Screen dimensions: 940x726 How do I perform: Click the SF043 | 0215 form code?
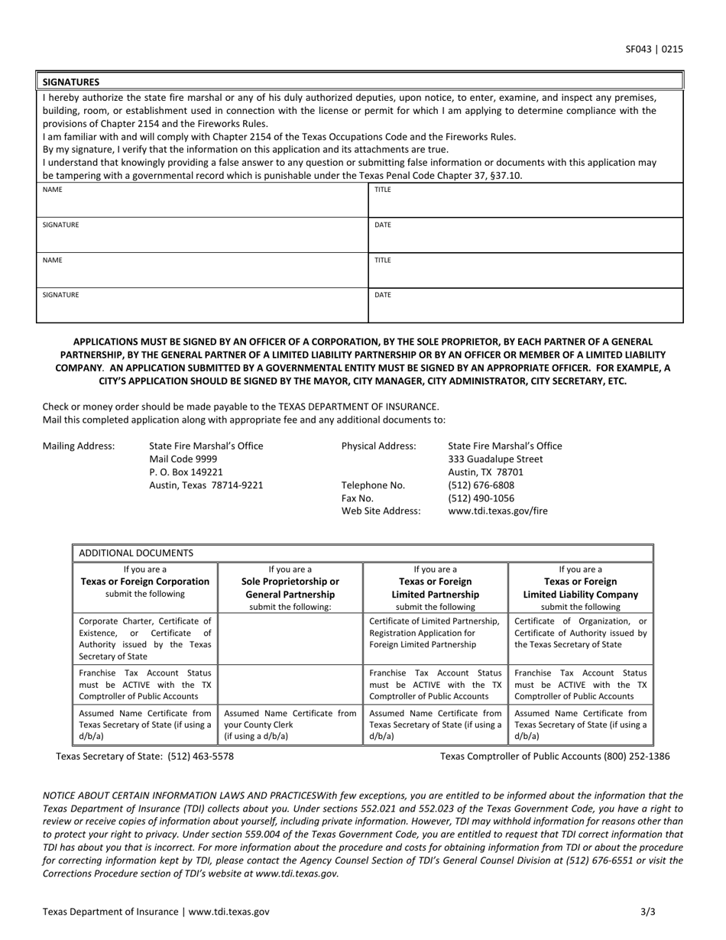[653, 50]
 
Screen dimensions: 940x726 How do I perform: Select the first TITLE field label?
[382, 190]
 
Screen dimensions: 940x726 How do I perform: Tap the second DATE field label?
[382, 294]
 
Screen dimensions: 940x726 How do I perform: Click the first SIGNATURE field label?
[60, 225]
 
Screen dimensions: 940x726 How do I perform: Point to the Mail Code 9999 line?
[183, 459]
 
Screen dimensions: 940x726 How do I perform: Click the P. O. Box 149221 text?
[186, 472]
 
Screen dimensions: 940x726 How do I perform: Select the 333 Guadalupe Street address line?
[495, 459]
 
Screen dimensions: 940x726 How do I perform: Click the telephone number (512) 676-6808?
[481, 485]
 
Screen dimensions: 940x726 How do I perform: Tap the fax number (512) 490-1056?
[481, 498]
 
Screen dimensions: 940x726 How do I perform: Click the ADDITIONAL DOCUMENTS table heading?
[136, 553]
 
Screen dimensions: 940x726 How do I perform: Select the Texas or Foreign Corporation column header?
[144, 582]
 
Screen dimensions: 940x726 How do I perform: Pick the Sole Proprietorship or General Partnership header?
[290, 588]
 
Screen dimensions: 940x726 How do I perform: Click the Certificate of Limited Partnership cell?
[434, 633]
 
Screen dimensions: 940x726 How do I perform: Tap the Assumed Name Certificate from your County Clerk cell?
[290, 724]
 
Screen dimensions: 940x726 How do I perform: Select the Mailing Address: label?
[79, 446]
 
